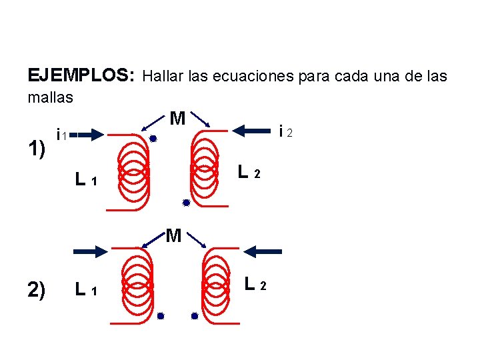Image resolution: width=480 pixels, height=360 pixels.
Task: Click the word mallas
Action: [50, 97]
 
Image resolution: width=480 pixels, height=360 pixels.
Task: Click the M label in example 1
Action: [177, 119]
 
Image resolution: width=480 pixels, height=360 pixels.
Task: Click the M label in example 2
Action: [173, 235]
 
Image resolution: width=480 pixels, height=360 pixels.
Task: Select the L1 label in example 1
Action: [87, 179]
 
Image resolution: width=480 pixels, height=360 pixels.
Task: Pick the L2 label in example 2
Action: [255, 284]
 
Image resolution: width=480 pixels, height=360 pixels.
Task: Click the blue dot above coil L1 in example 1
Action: [153, 139]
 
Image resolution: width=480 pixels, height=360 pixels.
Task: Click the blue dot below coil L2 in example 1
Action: [187, 203]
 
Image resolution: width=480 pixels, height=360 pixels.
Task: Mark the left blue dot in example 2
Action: [161, 317]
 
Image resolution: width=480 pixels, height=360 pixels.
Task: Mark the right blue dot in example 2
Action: [194, 317]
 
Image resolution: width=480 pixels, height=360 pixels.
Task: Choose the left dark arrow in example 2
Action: [91, 251]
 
